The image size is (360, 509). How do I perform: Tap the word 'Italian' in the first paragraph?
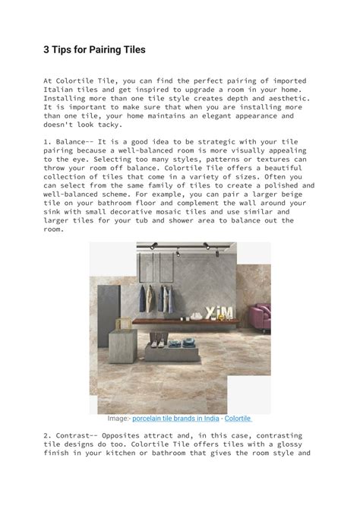click(x=61, y=89)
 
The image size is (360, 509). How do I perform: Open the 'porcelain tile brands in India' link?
click(x=176, y=418)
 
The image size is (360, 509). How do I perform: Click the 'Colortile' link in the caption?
click(x=238, y=418)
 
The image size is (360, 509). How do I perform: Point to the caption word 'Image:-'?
click(x=118, y=418)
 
